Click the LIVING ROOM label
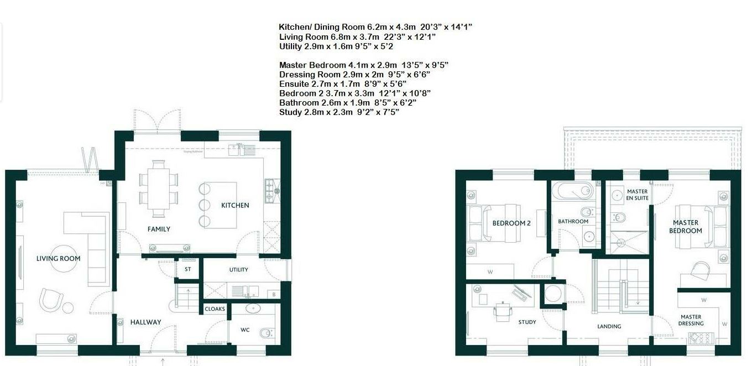tap(58, 258)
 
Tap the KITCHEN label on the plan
tap(235, 205)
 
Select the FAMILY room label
tap(159, 229)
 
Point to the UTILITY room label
tap(238, 270)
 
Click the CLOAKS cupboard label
tap(215, 309)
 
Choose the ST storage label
tap(187, 270)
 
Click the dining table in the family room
tap(159, 188)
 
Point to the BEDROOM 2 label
tap(511, 223)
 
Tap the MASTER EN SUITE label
tap(637, 195)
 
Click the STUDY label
tap(527, 322)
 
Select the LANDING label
tap(609, 326)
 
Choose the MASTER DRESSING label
tap(691, 320)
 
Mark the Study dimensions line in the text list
tap(339, 112)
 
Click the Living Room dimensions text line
tap(357, 36)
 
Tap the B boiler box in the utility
tap(274, 295)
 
